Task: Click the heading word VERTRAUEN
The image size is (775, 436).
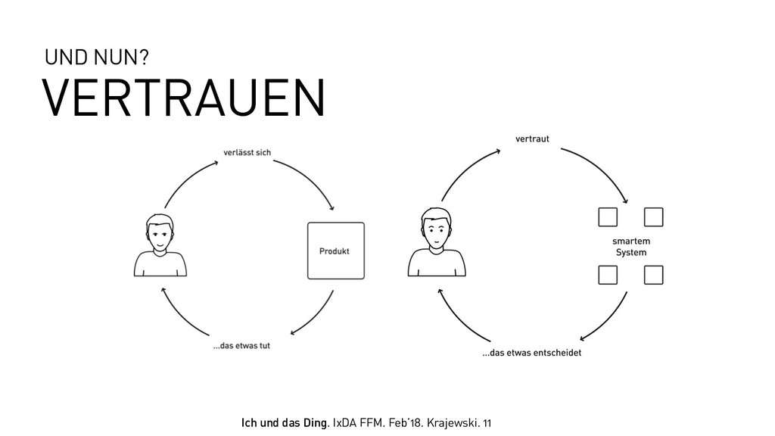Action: [183, 98]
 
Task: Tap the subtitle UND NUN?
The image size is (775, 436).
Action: [96, 58]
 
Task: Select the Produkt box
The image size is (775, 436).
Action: [335, 251]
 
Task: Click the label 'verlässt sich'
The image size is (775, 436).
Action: [247, 152]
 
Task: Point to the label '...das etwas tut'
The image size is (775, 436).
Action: [241, 346]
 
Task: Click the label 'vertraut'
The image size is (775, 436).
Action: [532, 139]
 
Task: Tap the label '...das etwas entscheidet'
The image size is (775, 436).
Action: [532, 353]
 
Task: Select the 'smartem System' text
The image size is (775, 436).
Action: [630, 247]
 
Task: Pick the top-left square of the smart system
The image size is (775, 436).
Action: [608, 217]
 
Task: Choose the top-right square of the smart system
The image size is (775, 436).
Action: [653, 217]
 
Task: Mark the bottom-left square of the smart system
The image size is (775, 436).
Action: [608, 274]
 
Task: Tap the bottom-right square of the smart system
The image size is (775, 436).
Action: [653, 274]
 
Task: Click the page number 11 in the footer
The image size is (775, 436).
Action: [486, 421]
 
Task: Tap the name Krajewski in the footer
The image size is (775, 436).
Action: [452, 421]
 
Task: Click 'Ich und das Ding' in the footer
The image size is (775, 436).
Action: [284, 421]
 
